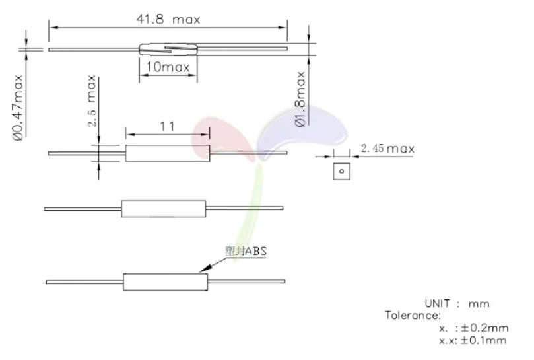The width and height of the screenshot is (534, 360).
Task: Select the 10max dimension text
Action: pyautogui.click(x=168, y=67)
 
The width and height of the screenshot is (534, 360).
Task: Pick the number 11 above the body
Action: pyautogui.click(x=168, y=125)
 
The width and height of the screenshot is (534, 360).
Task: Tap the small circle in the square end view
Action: pyautogui.click(x=342, y=172)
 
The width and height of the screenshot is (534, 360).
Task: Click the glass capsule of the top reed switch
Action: pyautogui.click(x=168, y=48)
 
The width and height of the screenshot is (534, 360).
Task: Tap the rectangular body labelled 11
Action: pyautogui.click(x=168, y=153)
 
